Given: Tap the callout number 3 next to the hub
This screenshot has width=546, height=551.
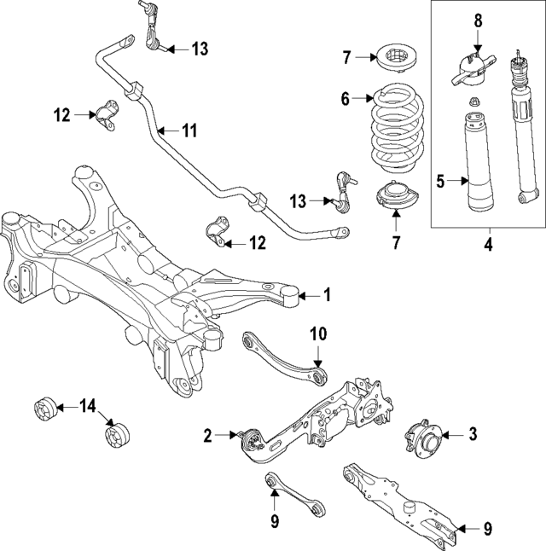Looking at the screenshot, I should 472,435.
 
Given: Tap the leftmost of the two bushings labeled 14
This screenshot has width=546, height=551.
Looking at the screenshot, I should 44,409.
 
